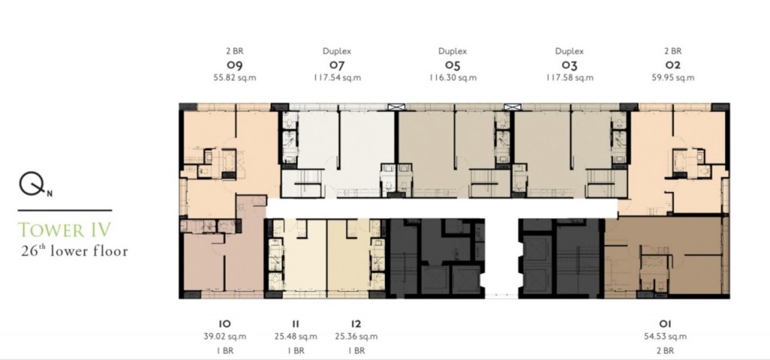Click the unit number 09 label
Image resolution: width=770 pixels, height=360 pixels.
235,65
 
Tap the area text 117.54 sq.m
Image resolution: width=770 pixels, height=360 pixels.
337,77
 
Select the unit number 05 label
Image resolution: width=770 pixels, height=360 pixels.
452,65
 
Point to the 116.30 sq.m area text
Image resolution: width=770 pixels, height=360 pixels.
452,77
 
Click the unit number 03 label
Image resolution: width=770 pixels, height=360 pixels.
569,65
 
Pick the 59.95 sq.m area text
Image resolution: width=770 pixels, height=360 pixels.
673,77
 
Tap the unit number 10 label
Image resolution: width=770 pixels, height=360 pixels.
224,324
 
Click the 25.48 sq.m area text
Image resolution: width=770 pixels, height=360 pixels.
296,337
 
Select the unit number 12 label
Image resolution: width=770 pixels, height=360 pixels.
356,324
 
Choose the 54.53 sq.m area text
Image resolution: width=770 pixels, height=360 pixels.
665,337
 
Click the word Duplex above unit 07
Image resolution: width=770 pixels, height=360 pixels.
337,51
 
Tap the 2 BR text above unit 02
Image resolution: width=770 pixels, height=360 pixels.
673,50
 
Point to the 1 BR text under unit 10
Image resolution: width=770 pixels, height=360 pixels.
224,351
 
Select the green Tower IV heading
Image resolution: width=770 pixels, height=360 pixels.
65,230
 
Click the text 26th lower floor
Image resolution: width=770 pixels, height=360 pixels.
74,251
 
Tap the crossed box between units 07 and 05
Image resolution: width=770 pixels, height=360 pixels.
396,107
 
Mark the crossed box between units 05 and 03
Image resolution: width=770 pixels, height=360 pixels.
511,107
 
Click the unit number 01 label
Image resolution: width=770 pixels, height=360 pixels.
665,324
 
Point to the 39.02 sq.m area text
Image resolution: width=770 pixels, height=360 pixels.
224,337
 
